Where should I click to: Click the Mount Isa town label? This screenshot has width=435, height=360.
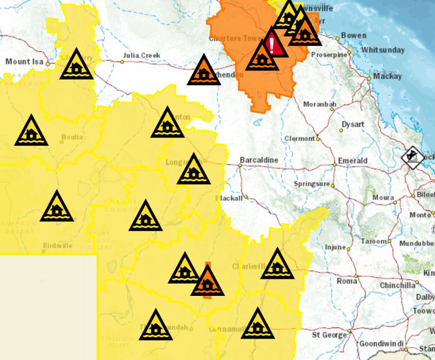(x=24, y=62)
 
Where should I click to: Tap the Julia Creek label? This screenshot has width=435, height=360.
(x=142, y=55)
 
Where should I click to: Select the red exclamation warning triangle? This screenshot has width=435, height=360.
(x=272, y=45)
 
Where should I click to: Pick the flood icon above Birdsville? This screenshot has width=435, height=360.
(x=57, y=208)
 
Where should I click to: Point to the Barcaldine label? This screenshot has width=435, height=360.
(x=259, y=160)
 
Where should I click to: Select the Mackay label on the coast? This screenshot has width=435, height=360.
(x=388, y=76)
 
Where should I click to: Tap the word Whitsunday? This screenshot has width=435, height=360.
(x=383, y=50)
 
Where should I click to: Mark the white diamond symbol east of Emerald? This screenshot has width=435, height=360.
(x=412, y=157)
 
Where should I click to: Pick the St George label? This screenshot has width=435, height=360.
(x=329, y=335)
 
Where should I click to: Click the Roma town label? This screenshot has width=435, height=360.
(x=347, y=281)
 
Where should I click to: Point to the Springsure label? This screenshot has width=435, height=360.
(x=311, y=184)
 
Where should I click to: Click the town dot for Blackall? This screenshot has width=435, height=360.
(x=246, y=197)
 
